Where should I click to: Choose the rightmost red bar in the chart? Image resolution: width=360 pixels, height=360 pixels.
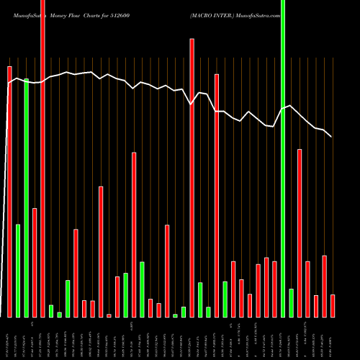pos(333,306)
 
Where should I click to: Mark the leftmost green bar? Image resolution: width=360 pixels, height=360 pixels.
pos(18,271)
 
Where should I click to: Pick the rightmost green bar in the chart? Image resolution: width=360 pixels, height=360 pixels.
pos(291,302)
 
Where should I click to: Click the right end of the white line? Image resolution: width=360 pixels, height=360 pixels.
pos(332,137)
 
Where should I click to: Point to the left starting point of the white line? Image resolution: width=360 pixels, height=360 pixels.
pos(8,85)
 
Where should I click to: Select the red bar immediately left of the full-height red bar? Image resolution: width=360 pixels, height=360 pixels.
pos(35,262)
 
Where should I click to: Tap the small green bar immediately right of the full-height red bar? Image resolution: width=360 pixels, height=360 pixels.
pos(51,311)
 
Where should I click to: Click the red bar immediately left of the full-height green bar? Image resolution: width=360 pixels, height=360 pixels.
pos(274,289)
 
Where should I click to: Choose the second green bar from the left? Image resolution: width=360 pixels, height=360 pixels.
pos(26,198)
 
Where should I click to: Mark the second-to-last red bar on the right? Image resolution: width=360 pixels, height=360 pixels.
pos(324,287)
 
